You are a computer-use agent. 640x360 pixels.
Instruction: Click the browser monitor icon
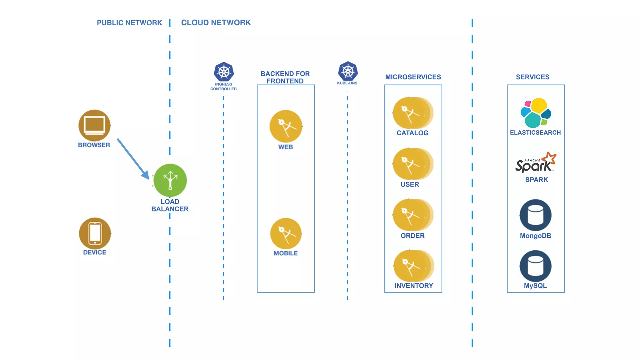pyautogui.click(x=94, y=126)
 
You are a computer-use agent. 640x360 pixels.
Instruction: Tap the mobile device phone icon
pyautogui.click(x=95, y=233)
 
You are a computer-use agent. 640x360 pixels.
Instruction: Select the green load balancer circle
pyautogui.click(x=170, y=180)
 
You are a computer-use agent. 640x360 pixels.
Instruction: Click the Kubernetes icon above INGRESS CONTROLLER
pyautogui.click(x=224, y=72)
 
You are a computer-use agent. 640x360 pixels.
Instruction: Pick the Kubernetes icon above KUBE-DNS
pyautogui.click(x=347, y=71)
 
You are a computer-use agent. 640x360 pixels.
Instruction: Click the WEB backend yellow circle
pyautogui.click(x=286, y=126)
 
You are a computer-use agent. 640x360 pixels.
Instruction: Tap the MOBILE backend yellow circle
pyautogui.click(x=286, y=233)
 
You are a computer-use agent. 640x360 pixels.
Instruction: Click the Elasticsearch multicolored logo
pyautogui.click(x=536, y=113)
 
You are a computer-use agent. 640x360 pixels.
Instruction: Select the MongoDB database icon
pyautogui.click(x=536, y=215)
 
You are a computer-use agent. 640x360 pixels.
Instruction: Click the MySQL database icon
pyautogui.click(x=536, y=266)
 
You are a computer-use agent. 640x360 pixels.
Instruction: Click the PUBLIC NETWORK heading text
pyautogui.click(x=129, y=23)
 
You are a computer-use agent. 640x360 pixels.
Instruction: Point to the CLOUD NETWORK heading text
pyautogui.click(x=216, y=22)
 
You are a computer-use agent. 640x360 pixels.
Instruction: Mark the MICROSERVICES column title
pyautogui.click(x=413, y=77)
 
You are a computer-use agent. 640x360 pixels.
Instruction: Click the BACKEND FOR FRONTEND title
pyautogui.click(x=285, y=77)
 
